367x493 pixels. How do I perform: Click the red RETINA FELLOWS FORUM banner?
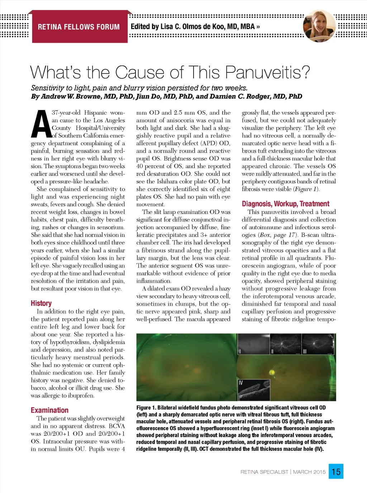(x=79, y=27)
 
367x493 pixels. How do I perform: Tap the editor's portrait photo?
(x=319, y=26)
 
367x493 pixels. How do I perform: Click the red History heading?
(x=41, y=303)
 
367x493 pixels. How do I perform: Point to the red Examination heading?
(x=49, y=410)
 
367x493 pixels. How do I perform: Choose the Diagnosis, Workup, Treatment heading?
(x=285, y=204)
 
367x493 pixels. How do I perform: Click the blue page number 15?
(x=336, y=472)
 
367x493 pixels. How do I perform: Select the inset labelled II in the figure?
(x=286, y=344)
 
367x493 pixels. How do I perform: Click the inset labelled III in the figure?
(x=318, y=344)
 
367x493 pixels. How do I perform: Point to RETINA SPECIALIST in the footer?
(x=264, y=472)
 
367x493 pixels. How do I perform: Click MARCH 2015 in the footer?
(x=309, y=472)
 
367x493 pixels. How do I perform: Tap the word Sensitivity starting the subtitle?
(x=47, y=88)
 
